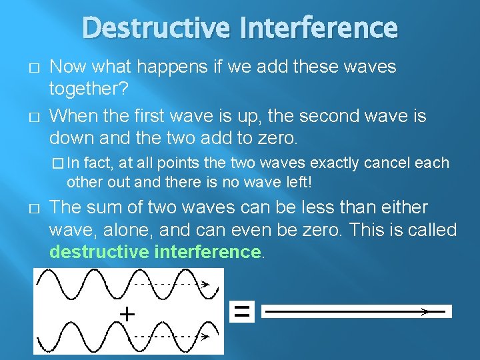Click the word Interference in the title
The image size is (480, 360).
pyautogui.click(x=321, y=28)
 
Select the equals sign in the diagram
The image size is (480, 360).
pyautogui.click(x=243, y=311)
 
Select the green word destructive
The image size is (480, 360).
pyautogui.click(x=99, y=251)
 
